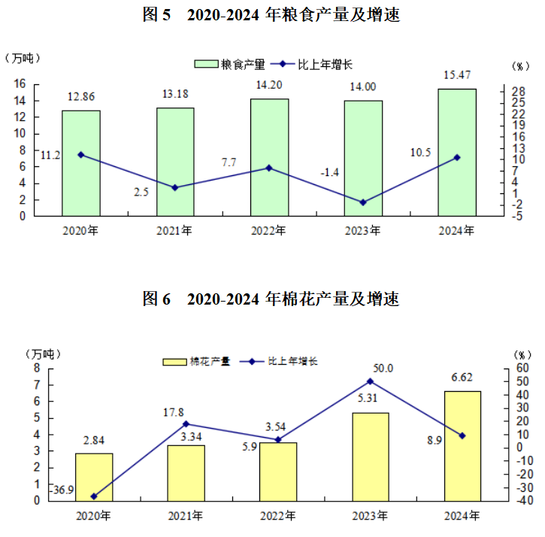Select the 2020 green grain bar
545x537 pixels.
pos(81,163)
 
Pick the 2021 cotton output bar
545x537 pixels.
pos(186,472)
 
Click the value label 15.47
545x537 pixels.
pos(458,75)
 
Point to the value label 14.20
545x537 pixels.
pos(269,85)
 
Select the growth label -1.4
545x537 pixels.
pos(330,173)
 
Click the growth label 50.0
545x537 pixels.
pos(383,368)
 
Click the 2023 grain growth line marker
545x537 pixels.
pos(363,202)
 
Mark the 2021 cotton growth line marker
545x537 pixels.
pos(186,424)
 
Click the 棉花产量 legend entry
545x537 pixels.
pos(197,361)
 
